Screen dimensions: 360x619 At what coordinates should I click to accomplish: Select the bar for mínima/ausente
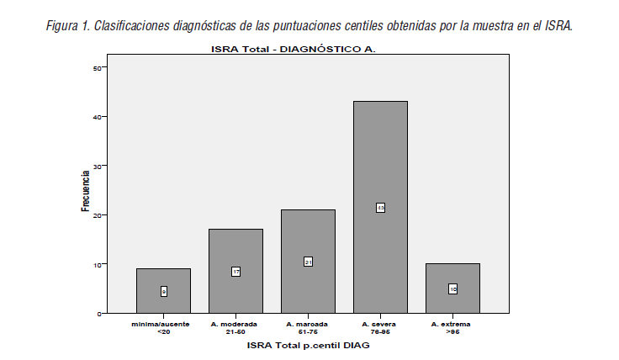163,278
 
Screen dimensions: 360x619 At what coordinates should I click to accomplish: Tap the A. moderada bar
235,252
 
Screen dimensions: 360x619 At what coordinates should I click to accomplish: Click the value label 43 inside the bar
380,208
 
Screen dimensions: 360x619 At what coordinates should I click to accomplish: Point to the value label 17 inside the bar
235,272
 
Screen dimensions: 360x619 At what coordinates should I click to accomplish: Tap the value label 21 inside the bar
308,262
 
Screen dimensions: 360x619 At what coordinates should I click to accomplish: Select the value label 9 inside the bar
163,291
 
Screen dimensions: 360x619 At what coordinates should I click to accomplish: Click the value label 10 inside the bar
452,289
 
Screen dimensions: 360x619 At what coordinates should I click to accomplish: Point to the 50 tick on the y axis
99,67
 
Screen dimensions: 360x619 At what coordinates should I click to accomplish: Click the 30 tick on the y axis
99,166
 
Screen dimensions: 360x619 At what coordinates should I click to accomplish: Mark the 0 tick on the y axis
101,313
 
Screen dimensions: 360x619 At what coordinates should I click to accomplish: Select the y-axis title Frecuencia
85,190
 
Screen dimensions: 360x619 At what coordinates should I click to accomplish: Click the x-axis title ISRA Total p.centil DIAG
308,345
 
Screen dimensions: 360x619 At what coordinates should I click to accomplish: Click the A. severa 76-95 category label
380,327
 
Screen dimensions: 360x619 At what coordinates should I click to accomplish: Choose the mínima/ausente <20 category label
163,327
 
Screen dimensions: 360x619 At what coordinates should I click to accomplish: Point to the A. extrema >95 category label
452,327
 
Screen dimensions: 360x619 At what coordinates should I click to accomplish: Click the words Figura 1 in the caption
66,25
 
